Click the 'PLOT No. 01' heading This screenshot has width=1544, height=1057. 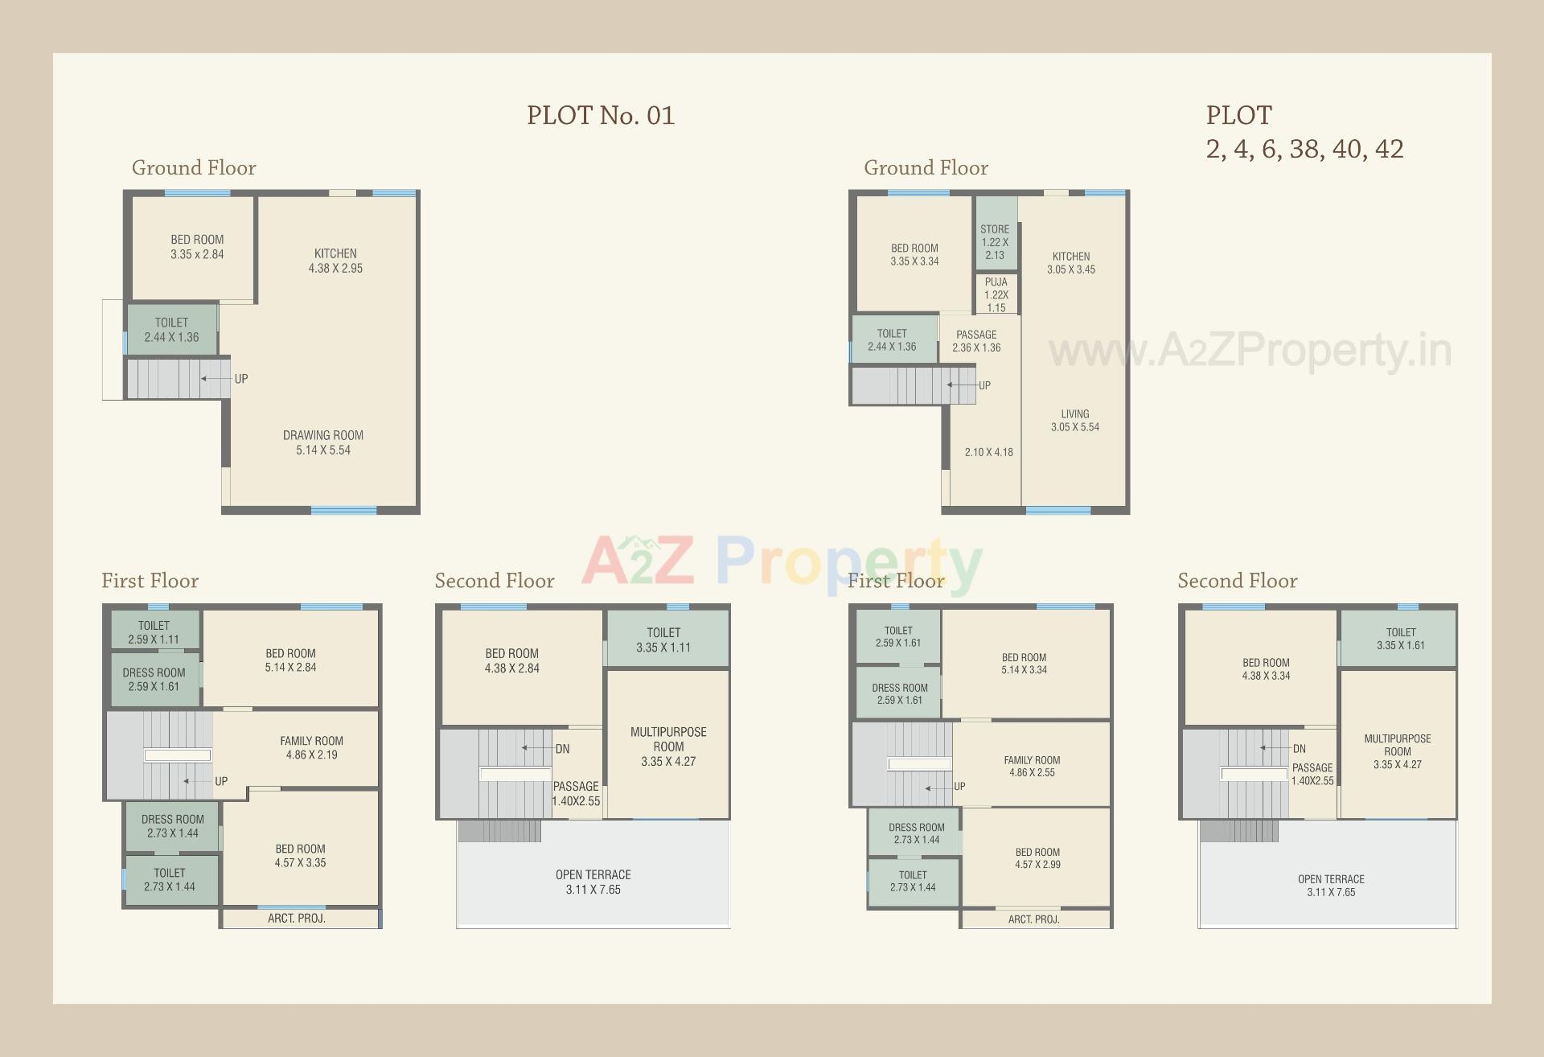pos(600,116)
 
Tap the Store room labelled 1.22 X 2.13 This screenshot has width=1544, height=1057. pos(995,242)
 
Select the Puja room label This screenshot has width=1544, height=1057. pos(996,294)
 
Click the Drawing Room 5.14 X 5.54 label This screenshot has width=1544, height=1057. pos(323,442)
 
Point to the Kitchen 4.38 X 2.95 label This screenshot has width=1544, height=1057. pos(335,261)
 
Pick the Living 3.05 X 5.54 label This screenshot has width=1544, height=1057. pos(1075,421)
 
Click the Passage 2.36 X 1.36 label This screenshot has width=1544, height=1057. pos(976,341)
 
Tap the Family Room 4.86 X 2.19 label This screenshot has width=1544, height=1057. pos(312,747)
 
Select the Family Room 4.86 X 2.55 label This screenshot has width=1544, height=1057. pos(1032,766)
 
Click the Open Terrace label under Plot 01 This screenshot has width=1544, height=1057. pos(593,882)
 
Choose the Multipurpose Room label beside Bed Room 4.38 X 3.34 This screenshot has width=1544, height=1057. pos(1398,751)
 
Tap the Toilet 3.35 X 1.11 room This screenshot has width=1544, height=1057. pos(663,640)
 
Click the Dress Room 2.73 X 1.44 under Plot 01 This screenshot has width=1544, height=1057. pos(173,826)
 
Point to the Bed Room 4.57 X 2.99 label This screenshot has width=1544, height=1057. pos(1037,858)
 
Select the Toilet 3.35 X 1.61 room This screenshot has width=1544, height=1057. pos(1401,639)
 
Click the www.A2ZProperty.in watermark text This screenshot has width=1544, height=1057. pos(1250,351)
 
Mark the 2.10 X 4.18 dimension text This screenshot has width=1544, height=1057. pos(988,452)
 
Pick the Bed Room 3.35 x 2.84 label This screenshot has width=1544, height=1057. pos(197,247)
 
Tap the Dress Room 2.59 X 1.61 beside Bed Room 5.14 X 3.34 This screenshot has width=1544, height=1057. pos(900,693)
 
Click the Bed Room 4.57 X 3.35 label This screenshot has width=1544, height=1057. pos(301,855)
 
